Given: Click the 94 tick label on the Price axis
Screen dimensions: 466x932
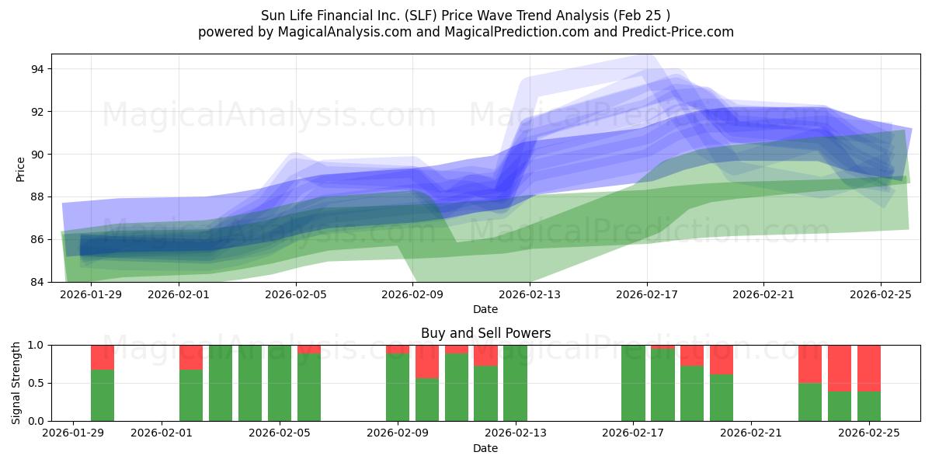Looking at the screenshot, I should [37, 69].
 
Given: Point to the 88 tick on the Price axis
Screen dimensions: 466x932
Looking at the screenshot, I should [37, 196].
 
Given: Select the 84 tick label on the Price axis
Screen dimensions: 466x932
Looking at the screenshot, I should [37, 282].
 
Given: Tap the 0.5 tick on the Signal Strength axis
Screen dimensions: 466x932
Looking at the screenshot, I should [34, 383].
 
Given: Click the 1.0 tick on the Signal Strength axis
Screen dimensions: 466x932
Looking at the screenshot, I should [34, 345].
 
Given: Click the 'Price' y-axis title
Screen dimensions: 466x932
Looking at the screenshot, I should [20, 169].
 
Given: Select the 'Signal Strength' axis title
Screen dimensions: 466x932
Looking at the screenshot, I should [16, 383].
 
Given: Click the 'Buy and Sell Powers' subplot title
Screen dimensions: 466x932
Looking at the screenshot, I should [485, 333].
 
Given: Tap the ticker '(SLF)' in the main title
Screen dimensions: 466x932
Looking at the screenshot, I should [414, 15].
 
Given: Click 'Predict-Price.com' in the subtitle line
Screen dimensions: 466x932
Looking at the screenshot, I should [673, 32].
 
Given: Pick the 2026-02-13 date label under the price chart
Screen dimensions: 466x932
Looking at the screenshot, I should [529, 294].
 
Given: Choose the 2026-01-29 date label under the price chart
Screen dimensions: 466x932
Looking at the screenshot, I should [91, 294].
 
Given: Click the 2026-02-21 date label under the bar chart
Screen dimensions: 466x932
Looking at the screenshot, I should [751, 433].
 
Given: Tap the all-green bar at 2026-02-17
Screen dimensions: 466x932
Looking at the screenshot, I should [633, 383].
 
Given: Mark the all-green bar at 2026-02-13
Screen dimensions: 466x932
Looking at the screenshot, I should [515, 383].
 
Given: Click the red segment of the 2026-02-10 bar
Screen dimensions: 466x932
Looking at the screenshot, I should [426, 361].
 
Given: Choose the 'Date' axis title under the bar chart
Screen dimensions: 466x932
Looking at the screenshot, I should [485, 448].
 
